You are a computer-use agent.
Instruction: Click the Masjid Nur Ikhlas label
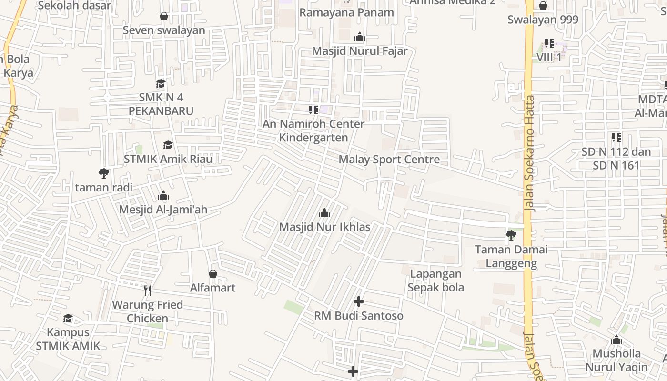pyautogui.click(x=324, y=227)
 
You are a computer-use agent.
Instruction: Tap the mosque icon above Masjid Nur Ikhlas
pyautogui.click(x=324, y=212)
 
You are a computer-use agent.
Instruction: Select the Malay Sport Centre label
pyautogui.click(x=389, y=159)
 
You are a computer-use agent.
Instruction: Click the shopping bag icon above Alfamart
pyautogui.click(x=213, y=274)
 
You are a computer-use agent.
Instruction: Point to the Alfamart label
pyautogui.click(x=213, y=288)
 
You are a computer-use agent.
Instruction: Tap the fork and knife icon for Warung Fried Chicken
pyautogui.click(x=148, y=290)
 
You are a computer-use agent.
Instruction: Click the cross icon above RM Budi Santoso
pyautogui.click(x=359, y=301)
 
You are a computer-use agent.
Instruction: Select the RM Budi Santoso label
pyautogui.click(x=359, y=316)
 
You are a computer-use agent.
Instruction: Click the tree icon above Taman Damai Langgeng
pyautogui.click(x=511, y=235)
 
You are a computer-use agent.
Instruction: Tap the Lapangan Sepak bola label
pyautogui.click(x=436, y=281)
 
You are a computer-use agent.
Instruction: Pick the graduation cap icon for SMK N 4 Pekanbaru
pyautogui.click(x=161, y=83)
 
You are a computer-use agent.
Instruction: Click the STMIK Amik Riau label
pyautogui.click(x=168, y=159)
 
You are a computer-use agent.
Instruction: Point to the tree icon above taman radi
pyautogui.click(x=103, y=173)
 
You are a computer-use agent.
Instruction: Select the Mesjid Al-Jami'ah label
pyautogui.click(x=163, y=210)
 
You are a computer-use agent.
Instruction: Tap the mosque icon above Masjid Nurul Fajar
pyautogui.click(x=360, y=37)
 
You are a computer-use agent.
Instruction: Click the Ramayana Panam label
pyautogui.click(x=346, y=12)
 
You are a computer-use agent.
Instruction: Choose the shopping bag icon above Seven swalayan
pyautogui.click(x=164, y=16)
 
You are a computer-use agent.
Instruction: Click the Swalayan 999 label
pyautogui.click(x=543, y=20)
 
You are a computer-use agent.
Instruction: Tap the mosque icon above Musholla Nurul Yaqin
pyautogui.click(x=616, y=340)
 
